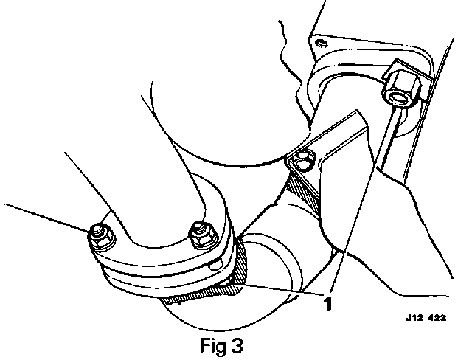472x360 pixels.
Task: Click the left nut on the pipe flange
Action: [99, 235]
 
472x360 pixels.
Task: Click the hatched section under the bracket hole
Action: [305, 189]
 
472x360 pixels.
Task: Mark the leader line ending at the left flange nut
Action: [44, 217]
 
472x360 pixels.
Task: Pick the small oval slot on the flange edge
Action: [215, 264]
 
